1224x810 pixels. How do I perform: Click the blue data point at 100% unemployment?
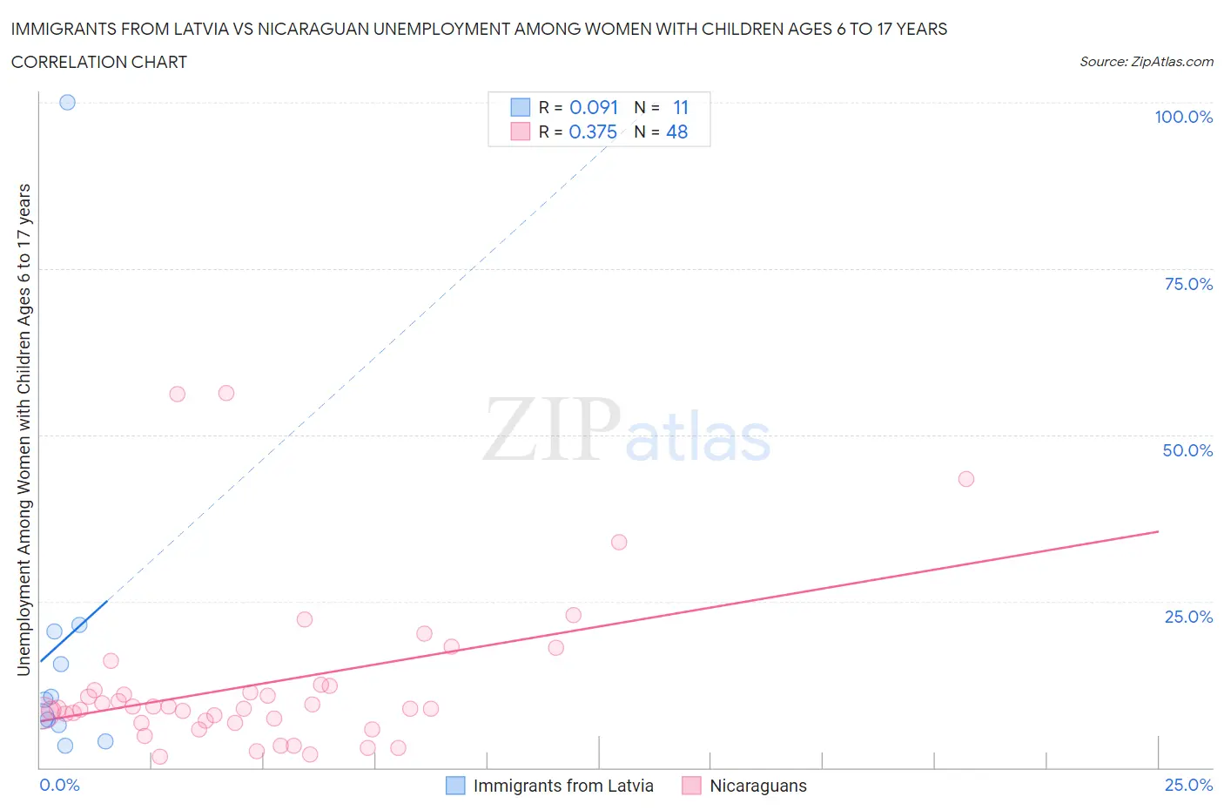(x=67, y=102)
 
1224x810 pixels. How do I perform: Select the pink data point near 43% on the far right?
(x=965, y=478)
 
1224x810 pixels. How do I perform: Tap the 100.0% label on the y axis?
(x=1183, y=117)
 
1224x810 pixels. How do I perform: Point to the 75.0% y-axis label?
(x=1188, y=284)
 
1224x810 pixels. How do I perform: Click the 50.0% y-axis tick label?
(x=1187, y=450)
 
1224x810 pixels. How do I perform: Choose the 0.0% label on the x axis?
(x=59, y=785)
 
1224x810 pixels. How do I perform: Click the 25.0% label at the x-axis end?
(x=1188, y=785)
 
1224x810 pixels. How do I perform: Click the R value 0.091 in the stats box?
(x=594, y=107)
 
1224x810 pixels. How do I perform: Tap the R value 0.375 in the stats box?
(x=593, y=132)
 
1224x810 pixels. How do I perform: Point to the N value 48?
(x=676, y=132)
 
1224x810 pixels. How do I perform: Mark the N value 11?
(x=681, y=107)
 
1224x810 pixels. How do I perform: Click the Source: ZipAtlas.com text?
(x=1146, y=61)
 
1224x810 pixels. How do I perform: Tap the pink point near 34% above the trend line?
(x=619, y=542)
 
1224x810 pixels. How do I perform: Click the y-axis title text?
(x=24, y=429)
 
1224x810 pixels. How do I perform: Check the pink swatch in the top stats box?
(x=520, y=132)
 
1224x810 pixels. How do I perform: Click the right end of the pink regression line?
(x=1158, y=531)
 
